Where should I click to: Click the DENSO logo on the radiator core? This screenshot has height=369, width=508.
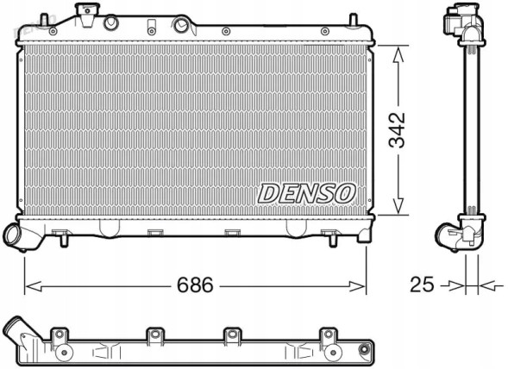pos(305,193)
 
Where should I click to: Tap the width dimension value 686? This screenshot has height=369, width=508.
pos(195,285)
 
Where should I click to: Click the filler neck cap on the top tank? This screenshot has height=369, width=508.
pos(85,14)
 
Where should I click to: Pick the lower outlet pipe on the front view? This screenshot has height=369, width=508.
pos(16,235)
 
